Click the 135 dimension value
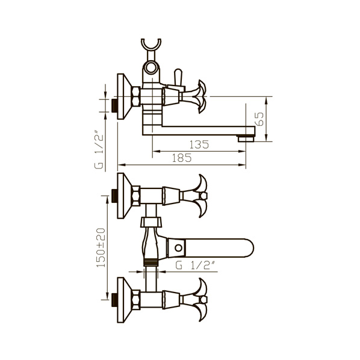coord(199,144)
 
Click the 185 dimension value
coord(182,158)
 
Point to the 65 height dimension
coord(259,119)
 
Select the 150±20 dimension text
coord(101,247)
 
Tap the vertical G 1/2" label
coord(99,149)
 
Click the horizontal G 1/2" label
coord(195,265)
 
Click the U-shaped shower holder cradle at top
coord(151,45)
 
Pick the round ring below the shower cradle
coord(151,67)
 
